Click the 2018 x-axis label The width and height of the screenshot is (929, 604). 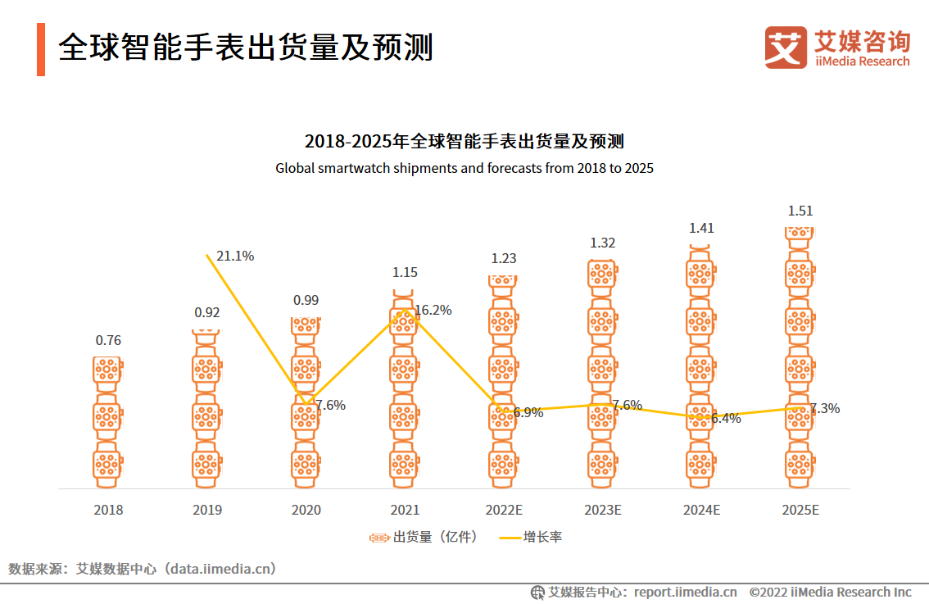(108, 510)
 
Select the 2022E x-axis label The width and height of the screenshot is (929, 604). (504, 510)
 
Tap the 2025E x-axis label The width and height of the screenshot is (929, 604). (800, 510)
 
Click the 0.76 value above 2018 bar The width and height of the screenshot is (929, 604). (108, 340)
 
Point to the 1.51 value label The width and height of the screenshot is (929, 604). (800, 211)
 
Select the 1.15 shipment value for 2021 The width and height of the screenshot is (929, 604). (405, 272)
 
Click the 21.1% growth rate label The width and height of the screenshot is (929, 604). (235, 256)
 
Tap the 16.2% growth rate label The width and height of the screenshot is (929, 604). (433, 310)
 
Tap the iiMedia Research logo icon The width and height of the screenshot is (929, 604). (786, 48)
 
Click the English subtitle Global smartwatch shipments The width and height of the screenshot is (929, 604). (464, 168)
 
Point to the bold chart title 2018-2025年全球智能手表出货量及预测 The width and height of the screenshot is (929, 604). (464, 141)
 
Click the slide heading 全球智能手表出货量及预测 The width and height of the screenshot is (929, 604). (246, 48)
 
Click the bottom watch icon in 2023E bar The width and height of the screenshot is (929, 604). (603, 464)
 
